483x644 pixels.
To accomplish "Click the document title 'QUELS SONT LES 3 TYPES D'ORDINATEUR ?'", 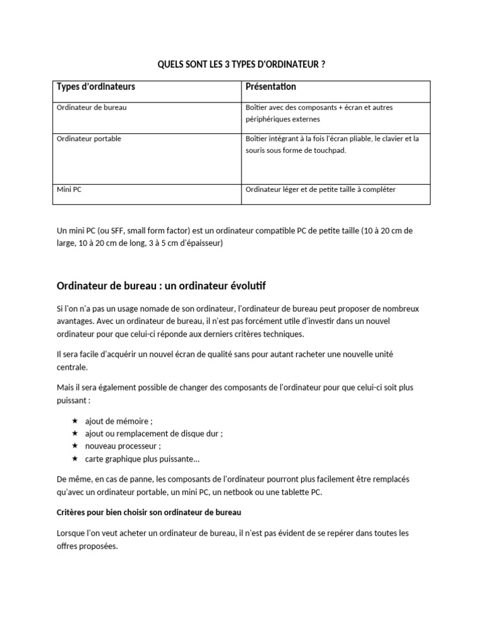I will coord(241,65).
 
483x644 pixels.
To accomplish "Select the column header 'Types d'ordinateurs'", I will coord(96,87).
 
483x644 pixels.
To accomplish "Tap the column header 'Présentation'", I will coord(270,87).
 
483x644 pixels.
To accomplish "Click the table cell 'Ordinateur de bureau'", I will coord(92,108).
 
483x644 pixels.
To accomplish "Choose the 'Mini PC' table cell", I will coord(69,189).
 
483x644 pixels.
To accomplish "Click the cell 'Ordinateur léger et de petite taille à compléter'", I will coord(320,189).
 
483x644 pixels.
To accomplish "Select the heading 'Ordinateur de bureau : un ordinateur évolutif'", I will coord(161,286).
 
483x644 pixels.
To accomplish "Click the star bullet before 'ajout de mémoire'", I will coord(75,421).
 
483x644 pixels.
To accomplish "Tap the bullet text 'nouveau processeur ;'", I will coord(123,447).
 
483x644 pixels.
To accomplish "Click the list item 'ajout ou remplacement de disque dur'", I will coord(154,434).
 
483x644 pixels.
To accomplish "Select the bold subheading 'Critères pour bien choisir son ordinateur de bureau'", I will coord(149,513).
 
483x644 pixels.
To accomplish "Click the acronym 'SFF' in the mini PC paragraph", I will coord(115,231).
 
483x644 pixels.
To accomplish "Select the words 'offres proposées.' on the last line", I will coord(87,546).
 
